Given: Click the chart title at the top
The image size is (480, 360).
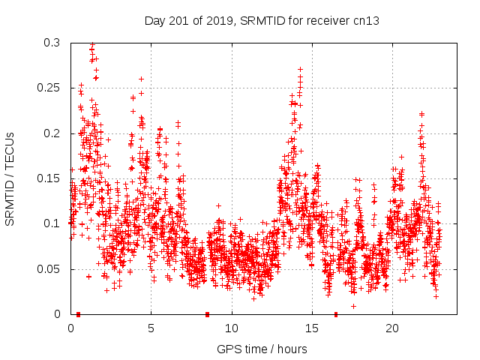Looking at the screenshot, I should point(262,20).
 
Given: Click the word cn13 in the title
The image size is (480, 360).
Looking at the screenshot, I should point(365,20).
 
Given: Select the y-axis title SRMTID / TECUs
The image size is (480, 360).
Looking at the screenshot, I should point(10,178).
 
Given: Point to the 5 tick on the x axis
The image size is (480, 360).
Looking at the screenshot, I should point(151,328).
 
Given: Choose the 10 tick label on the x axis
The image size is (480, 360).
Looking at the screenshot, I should point(232,328).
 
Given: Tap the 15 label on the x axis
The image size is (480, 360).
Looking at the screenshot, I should point(312,328).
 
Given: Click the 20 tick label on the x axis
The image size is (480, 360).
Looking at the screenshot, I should point(392,328).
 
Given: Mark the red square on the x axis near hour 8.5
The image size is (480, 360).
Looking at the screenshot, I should point(208,314).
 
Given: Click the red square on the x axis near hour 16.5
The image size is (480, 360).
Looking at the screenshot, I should point(336,314).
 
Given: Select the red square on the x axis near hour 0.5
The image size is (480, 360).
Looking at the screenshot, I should point(78,314).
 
